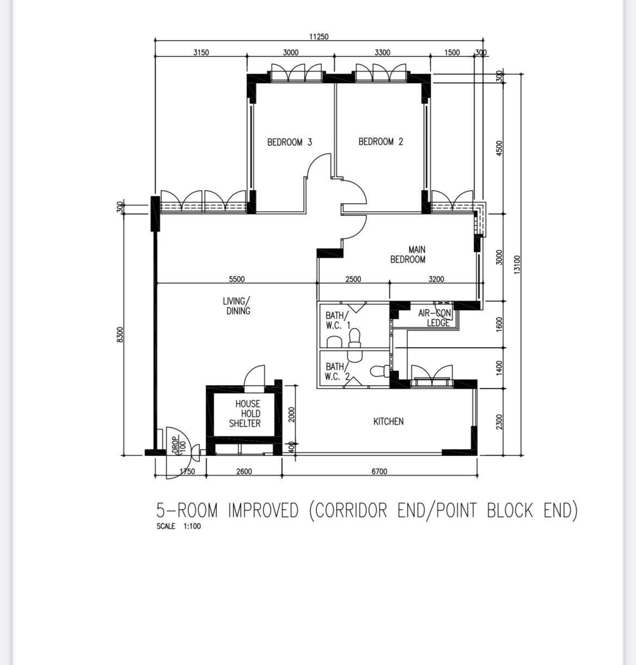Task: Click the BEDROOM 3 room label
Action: coord(290,142)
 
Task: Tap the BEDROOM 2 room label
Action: coord(381,141)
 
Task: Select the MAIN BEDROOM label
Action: coord(408,255)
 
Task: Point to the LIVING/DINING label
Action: coord(236,306)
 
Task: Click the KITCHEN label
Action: coord(389,422)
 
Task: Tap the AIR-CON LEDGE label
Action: coord(435,318)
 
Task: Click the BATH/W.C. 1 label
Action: coord(338,320)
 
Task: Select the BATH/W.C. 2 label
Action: coord(337,372)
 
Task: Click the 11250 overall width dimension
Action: coord(319,36)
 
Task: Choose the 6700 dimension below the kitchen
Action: coord(379,472)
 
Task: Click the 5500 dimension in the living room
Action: coord(236,279)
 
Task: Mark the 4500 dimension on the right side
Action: coord(499,148)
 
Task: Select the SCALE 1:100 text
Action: coord(178,526)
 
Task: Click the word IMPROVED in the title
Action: coord(263,511)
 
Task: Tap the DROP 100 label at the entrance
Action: coord(179,446)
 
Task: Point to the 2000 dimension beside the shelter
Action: coord(291,414)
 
